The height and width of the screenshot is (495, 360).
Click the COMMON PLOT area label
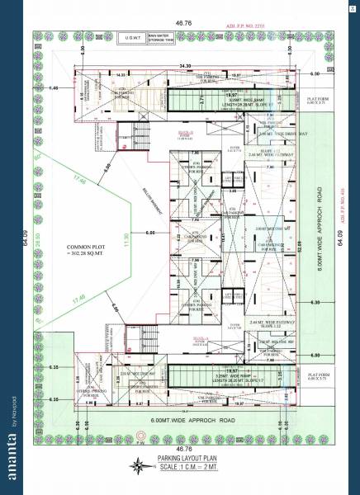[x=85, y=250]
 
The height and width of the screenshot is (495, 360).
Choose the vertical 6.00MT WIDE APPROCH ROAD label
[x=317, y=239]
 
